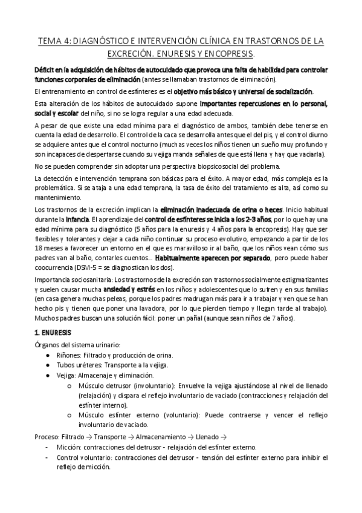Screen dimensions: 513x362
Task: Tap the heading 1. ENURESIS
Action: (x=53, y=333)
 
